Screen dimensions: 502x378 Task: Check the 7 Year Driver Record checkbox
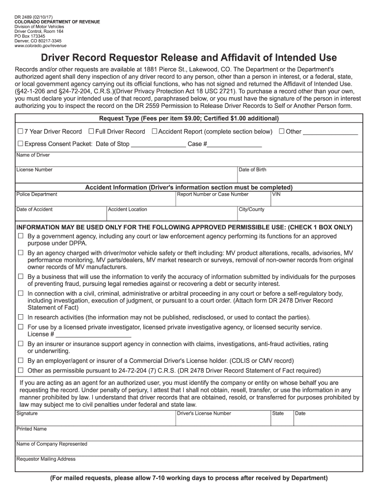point(20,131)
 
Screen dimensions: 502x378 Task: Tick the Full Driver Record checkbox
point(91,131)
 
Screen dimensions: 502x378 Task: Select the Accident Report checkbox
point(154,131)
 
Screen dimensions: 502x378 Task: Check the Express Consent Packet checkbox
point(20,144)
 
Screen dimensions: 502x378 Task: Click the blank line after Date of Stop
point(158,145)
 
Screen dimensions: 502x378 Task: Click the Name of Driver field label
point(33,155)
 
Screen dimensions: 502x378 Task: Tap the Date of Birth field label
point(252,170)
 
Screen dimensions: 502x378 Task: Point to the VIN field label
point(276,194)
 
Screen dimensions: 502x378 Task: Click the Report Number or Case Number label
point(213,194)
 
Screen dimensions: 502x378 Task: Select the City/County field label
point(251,209)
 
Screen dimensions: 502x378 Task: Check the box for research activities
point(21,317)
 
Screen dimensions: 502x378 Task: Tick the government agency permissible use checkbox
point(21,236)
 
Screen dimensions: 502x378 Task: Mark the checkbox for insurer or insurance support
point(21,344)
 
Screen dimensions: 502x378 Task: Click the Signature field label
point(27,413)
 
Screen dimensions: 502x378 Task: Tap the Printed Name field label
point(31,429)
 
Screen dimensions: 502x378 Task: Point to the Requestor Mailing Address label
point(46,459)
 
